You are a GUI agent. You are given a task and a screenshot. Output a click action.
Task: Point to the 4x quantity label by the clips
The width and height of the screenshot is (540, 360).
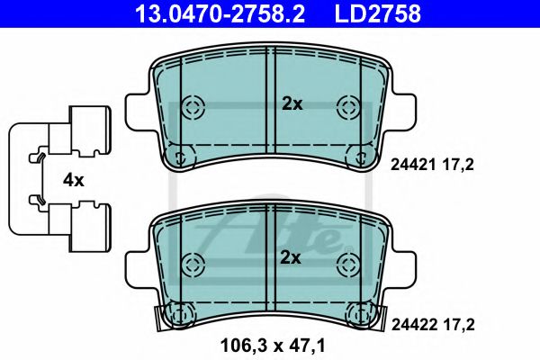click(73, 180)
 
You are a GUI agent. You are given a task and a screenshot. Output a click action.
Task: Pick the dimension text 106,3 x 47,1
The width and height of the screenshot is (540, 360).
click(272, 343)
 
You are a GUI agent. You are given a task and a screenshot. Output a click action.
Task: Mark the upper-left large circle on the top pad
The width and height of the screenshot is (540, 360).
click(193, 107)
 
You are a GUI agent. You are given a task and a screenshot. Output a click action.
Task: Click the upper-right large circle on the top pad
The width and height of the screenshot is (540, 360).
click(347, 107)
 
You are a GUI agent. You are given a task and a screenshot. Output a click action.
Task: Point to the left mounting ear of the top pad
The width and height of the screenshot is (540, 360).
click(136, 111)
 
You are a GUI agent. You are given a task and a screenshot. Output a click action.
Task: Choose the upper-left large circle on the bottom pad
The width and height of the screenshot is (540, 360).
click(193, 264)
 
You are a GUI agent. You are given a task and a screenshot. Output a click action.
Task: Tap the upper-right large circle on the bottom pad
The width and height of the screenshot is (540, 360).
click(347, 264)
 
